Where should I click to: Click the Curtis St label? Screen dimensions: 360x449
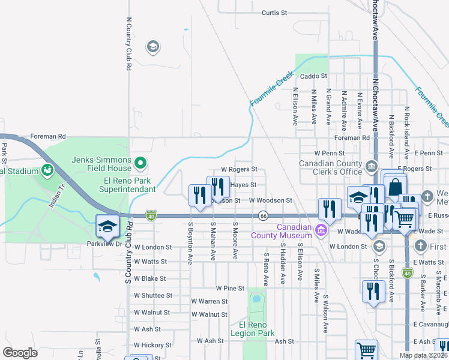(275, 12)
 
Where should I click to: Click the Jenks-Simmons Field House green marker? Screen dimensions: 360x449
(140, 162)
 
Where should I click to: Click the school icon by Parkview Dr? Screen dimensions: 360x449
(107, 226)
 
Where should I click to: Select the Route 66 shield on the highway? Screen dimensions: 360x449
(263, 215)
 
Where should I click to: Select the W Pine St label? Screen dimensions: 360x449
(230, 289)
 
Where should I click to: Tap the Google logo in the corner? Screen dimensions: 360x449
(20, 353)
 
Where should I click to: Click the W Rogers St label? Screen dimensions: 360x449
(239, 170)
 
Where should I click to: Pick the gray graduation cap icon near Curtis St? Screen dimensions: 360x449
(152, 47)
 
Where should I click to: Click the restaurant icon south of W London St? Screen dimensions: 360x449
(373, 292)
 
